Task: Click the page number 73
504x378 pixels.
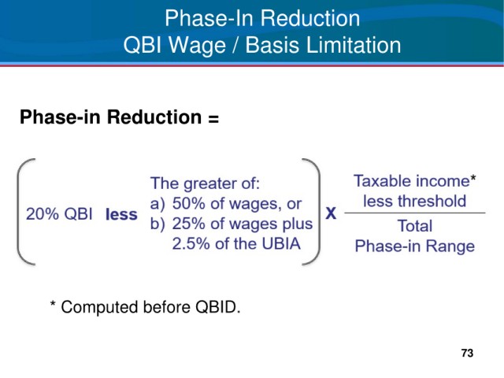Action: click(467, 353)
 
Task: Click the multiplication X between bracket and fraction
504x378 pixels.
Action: click(331, 213)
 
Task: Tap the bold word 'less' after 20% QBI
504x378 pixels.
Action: click(121, 214)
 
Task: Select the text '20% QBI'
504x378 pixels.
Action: click(59, 213)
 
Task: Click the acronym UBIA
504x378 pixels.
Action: click(281, 243)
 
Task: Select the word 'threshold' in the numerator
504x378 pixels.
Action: click(432, 202)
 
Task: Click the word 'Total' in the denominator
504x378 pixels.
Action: click(415, 226)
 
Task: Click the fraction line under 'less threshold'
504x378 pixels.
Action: click(415, 213)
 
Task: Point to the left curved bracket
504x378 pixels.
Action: click(19, 212)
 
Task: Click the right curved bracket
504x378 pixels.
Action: click(318, 212)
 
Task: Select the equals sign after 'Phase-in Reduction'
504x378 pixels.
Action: click(213, 118)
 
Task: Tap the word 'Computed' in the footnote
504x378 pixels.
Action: click(101, 308)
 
